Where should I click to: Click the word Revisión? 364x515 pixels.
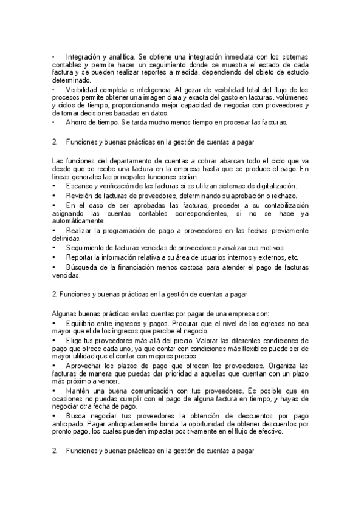pyautogui.click(x=79, y=196)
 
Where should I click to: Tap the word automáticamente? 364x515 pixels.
pyautogui.click(x=79, y=221)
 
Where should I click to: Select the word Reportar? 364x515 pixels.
pyautogui.click(x=79, y=257)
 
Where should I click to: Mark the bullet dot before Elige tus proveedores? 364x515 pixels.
pyautogui.click(x=55, y=341)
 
